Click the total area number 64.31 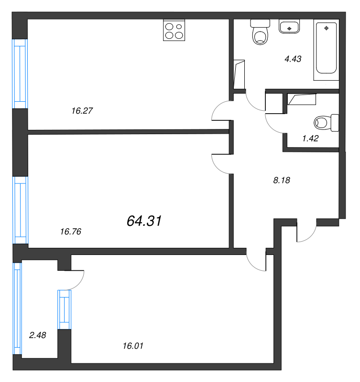tap(144, 221)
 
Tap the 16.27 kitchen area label tap(82, 111)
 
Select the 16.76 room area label tap(70, 232)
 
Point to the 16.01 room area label tap(133, 346)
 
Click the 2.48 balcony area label tap(37, 335)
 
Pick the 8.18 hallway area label tap(282, 180)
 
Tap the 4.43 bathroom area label tap(293, 59)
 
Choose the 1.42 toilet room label tap(310, 138)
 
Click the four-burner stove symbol tap(174, 30)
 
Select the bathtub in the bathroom tap(326, 50)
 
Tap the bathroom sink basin tap(289, 26)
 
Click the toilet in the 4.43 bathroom tap(260, 32)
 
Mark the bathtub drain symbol tap(327, 28)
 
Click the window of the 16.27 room tap(20, 74)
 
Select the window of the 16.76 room tap(21, 210)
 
